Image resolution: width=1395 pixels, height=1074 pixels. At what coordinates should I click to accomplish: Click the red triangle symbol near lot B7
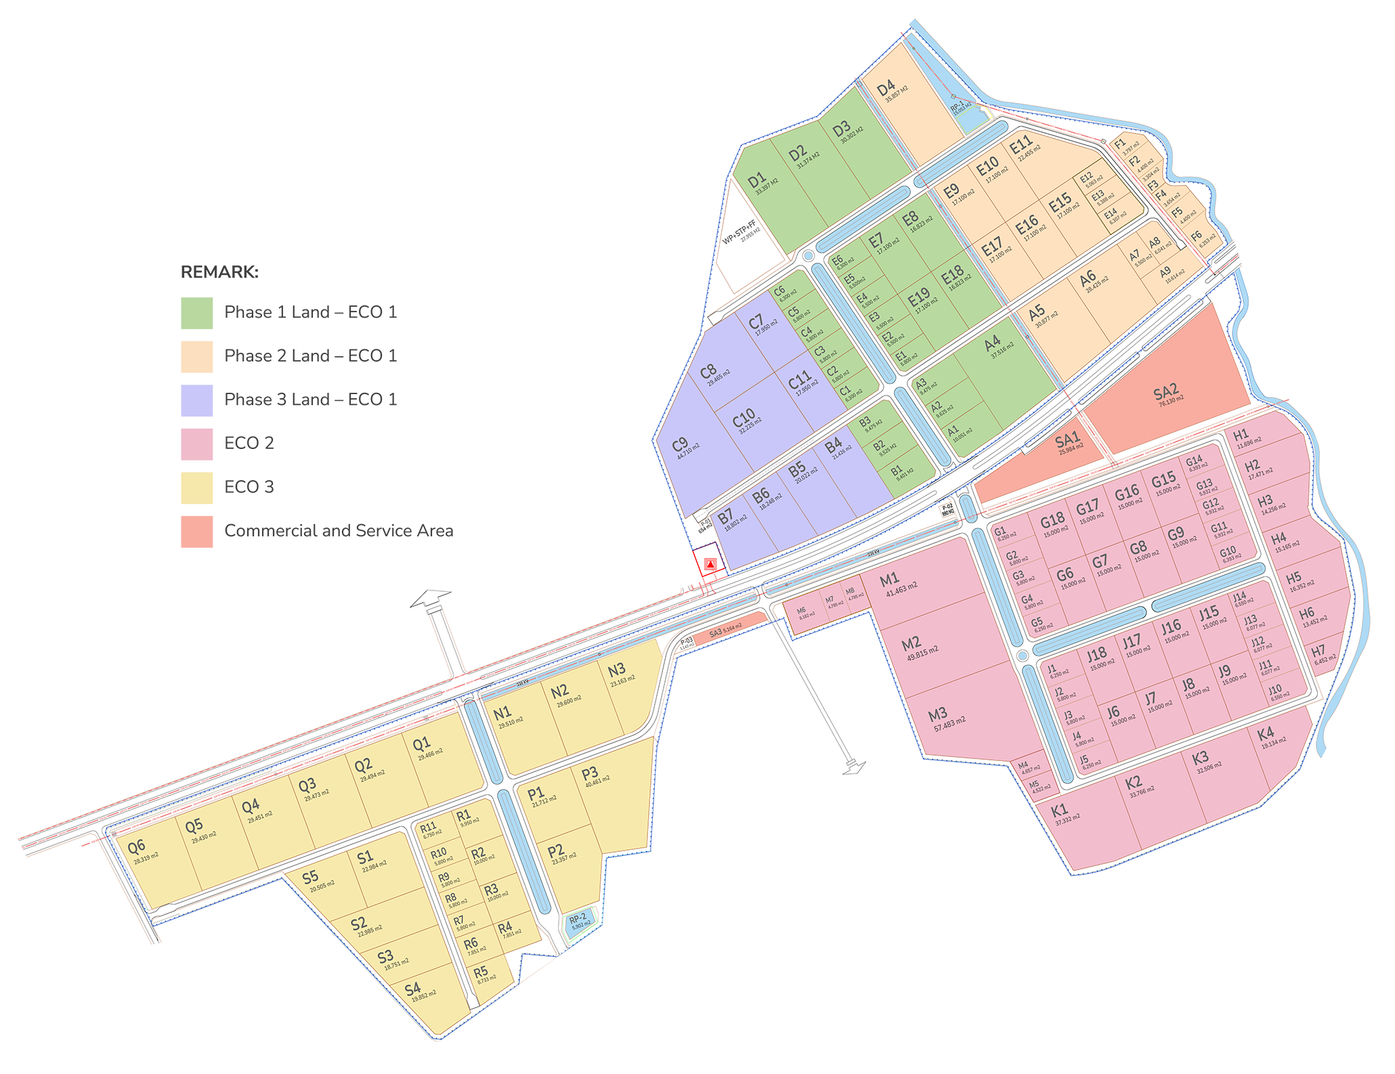(x=710, y=563)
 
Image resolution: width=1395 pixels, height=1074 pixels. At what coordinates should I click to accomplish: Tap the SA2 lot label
(x=1165, y=392)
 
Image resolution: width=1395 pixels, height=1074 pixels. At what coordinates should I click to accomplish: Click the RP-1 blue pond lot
(x=963, y=112)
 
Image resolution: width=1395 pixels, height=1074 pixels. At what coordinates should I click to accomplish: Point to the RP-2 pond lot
(x=578, y=921)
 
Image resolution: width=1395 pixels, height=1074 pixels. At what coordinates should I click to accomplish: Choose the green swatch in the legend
(x=180, y=312)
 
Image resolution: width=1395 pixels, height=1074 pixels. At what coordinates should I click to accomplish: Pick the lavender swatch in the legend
(x=180, y=400)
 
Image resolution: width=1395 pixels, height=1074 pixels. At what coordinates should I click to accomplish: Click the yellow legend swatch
(x=180, y=488)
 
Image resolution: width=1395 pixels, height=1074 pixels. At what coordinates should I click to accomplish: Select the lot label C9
(x=679, y=445)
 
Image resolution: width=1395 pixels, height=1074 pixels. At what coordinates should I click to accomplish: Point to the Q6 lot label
(x=136, y=846)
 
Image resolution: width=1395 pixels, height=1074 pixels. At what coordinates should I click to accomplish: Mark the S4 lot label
(x=412, y=989)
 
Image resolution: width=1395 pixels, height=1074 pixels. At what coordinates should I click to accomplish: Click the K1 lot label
(x=1059, y=811)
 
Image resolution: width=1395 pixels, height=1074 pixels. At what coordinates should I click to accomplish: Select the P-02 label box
(x=947, y=509)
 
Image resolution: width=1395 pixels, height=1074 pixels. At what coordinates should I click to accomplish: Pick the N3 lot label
(x=617, y=670)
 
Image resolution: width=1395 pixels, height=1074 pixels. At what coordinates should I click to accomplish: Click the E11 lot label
(x=1021, y=144)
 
